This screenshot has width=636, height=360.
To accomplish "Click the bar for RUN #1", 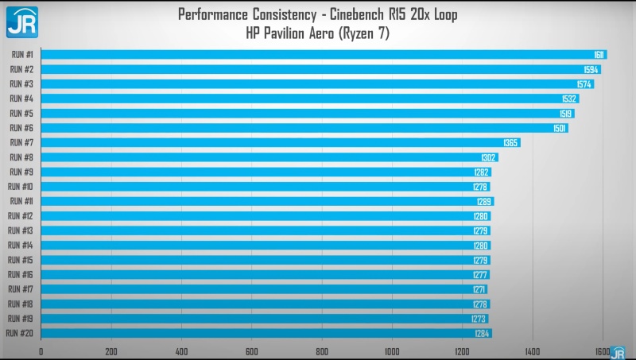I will click(x=318, y=54).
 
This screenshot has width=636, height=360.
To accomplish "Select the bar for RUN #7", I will click(x=278, y=142).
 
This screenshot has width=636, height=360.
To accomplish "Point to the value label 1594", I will click(x=591, y=69).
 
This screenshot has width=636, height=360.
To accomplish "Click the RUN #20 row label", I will click(x=19, y=334).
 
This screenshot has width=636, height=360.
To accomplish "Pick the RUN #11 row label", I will click(x=21, y=201).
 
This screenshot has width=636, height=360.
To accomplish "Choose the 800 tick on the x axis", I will click(x=322, y=351).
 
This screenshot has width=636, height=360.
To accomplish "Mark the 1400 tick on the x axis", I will click(x=533, y=351).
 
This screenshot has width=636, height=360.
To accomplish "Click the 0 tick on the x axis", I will click(x=41, y=351).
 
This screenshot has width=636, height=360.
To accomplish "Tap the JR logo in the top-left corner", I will click(x=21, y=21).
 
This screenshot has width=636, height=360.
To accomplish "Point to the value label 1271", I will click(x=478, y=289).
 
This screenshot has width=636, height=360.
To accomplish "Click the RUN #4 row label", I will click(x=21, y=99).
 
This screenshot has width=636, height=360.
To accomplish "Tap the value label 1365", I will click(x=510, y=142).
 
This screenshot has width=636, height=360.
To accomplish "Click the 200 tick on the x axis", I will click(x=111, y=351).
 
